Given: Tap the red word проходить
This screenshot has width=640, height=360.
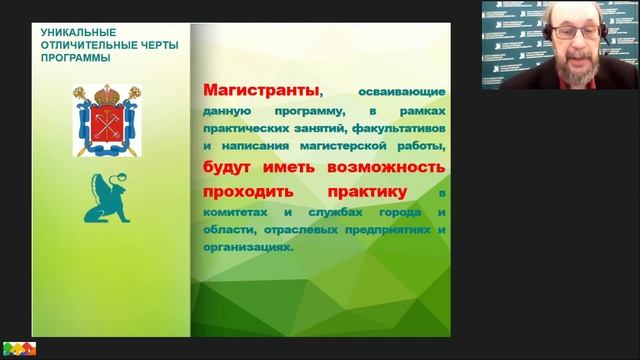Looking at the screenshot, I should coord(243,190).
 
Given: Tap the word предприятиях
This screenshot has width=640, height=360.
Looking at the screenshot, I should coord(386,230).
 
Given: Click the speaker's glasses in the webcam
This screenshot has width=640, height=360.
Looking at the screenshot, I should coord(565,33).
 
